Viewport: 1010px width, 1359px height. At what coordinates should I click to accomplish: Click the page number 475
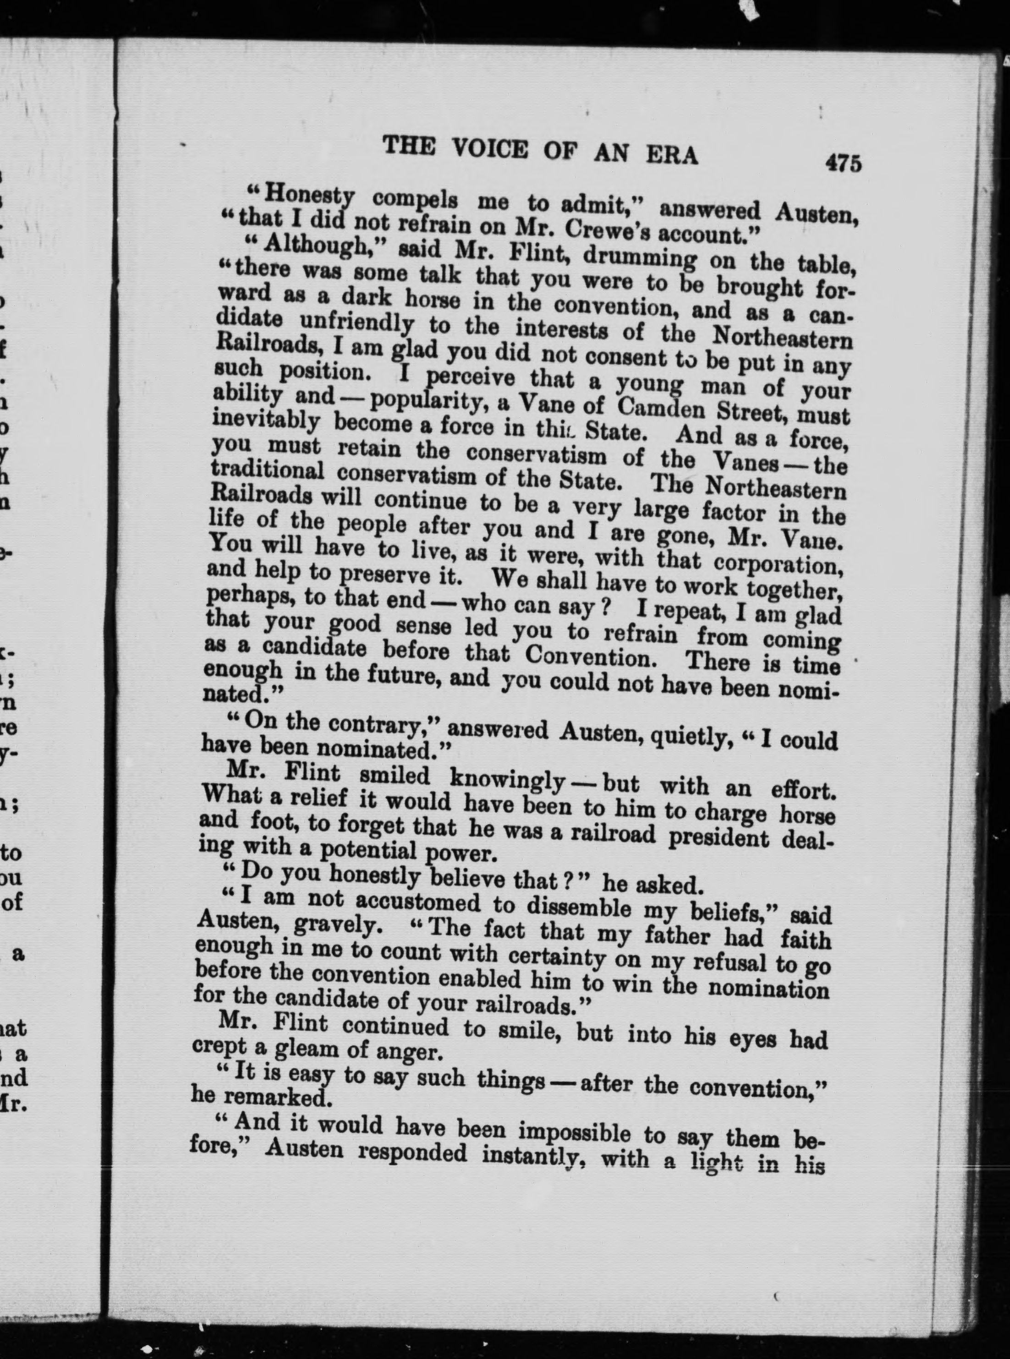843,163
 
